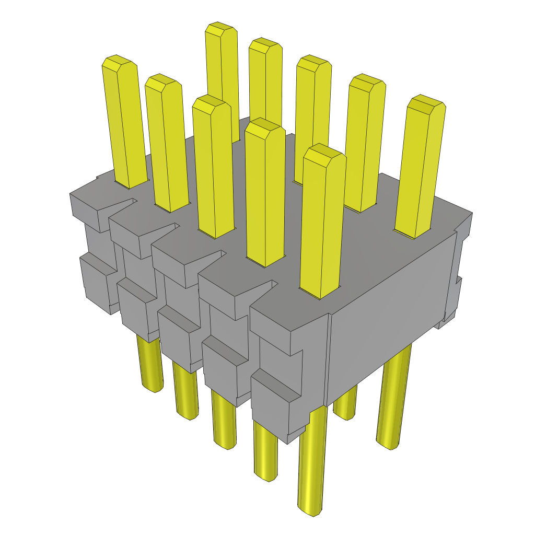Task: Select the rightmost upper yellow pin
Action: [421, 167]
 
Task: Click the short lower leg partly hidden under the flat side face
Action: [345, 405]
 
